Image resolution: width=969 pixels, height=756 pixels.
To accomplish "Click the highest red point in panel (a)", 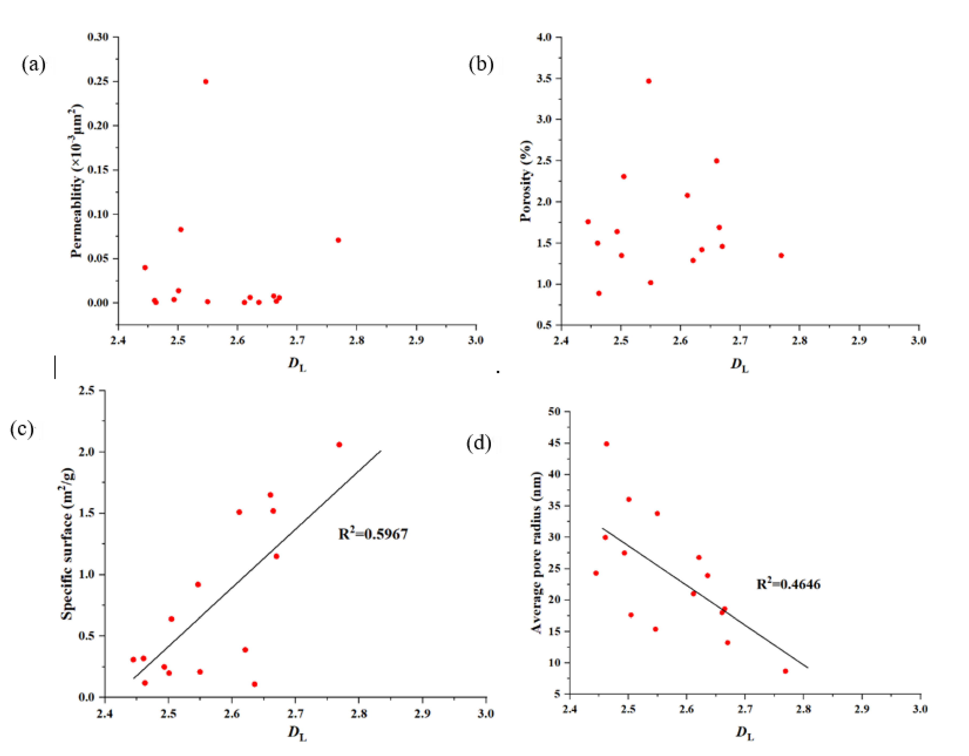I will (x=205, y=82).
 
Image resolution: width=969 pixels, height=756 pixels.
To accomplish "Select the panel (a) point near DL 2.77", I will (x=338, y=240).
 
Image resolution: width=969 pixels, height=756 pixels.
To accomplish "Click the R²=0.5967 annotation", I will (x=373, y=534).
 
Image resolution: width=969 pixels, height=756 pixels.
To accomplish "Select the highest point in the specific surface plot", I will (x=339, y=445).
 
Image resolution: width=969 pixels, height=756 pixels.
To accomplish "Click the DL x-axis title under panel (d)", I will (x=744, y=732).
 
